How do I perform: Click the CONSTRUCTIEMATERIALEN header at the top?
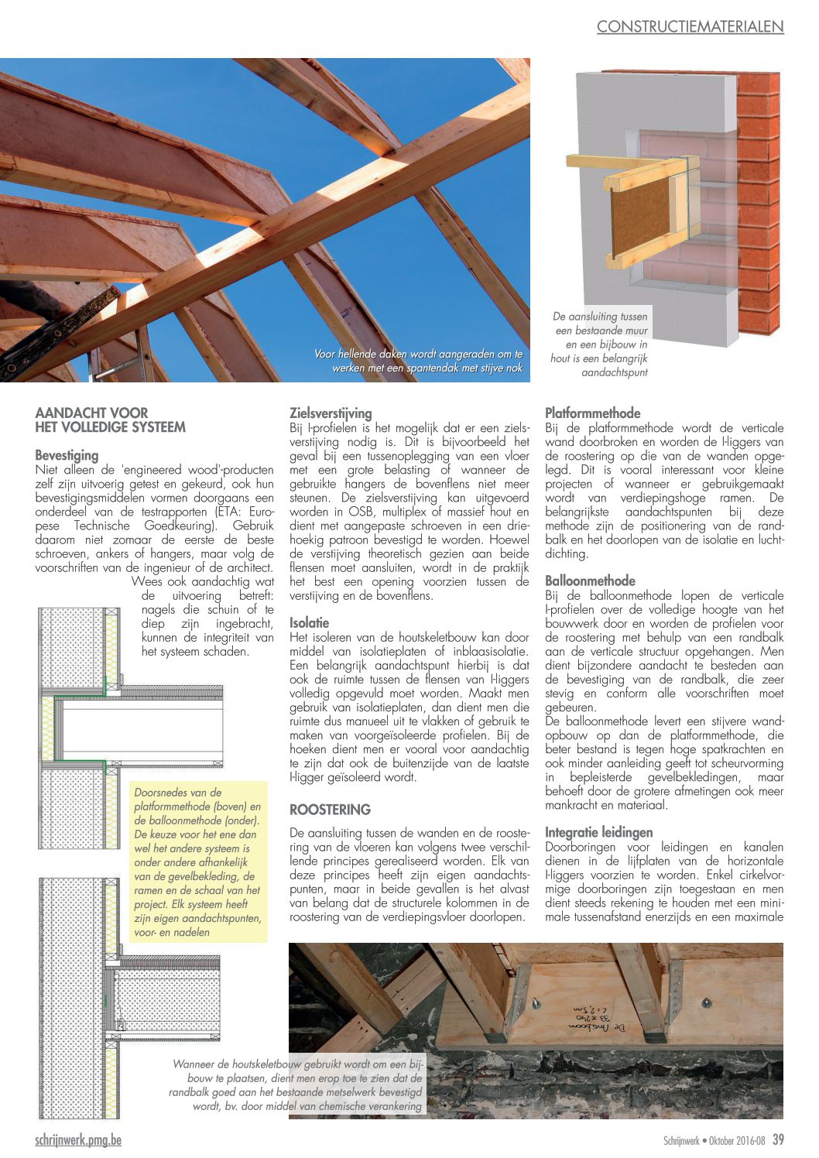tap(690, 27)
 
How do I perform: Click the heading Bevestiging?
tap(67, 455)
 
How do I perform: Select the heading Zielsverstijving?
tap(331, 413)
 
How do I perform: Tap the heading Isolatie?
tap(309, 622)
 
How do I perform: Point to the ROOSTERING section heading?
tap(330, 810)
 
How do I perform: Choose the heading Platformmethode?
tap(592, 413)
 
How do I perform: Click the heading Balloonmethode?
tap(590, 581)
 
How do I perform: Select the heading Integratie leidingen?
tap(598, 832)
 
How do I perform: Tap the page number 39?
tap(778, 1139)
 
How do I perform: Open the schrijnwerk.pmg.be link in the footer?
tap(78, 1139)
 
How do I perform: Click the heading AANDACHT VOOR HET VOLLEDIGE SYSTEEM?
tap(110, 420)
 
